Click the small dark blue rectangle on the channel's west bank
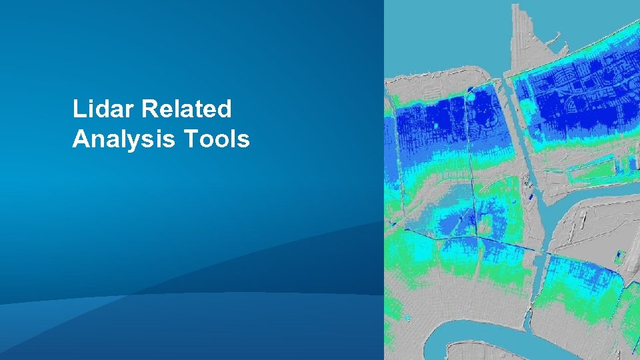tap(530, 197)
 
